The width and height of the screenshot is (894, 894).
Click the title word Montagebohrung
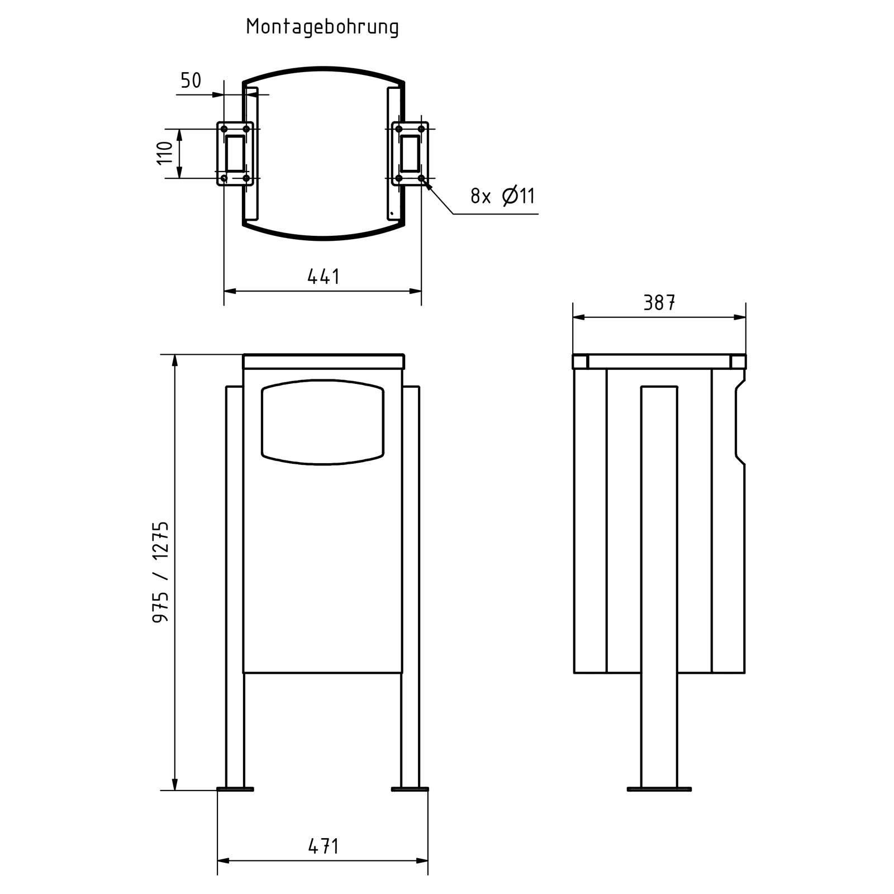(x=322, y=27)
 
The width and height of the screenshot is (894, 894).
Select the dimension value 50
(x=191, y=81)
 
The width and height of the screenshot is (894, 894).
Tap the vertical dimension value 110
(x=165, y=153)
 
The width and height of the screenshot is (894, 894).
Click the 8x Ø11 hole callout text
(x=502, y=196)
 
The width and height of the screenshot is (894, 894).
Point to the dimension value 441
(x=323, y=277)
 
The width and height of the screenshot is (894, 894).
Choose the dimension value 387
(x=659, y=303)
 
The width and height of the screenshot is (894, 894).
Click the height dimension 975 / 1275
(x=160, y=572)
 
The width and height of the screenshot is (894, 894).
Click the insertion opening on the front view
(x=322, y=422)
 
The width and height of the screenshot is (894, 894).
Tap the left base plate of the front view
(x=235, y=789)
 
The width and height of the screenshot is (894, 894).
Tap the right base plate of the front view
(x=410, y=789)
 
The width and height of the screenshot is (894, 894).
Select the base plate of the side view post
(x=659, y=789)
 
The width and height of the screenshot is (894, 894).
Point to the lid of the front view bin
(x=323, y=362)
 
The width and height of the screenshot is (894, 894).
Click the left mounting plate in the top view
(x=235, y=154)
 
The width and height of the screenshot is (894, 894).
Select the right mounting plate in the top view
(x=410, y=154)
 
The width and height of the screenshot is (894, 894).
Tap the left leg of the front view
(x=235, y=587)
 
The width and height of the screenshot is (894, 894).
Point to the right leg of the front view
(x=410, y=587)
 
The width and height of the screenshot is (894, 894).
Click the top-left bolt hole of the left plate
(x=224, y=129)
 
